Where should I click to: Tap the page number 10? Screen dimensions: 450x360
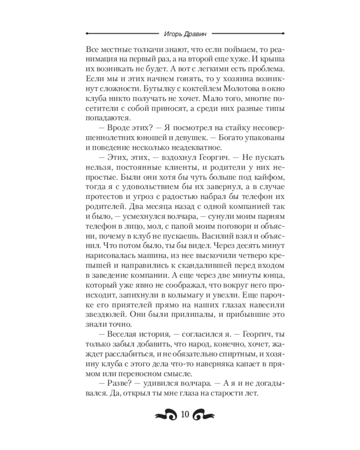tap(184, 415)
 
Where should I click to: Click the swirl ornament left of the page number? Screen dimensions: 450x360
tap(166, 416)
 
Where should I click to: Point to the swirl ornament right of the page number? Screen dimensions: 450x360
tap(203, 416)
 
